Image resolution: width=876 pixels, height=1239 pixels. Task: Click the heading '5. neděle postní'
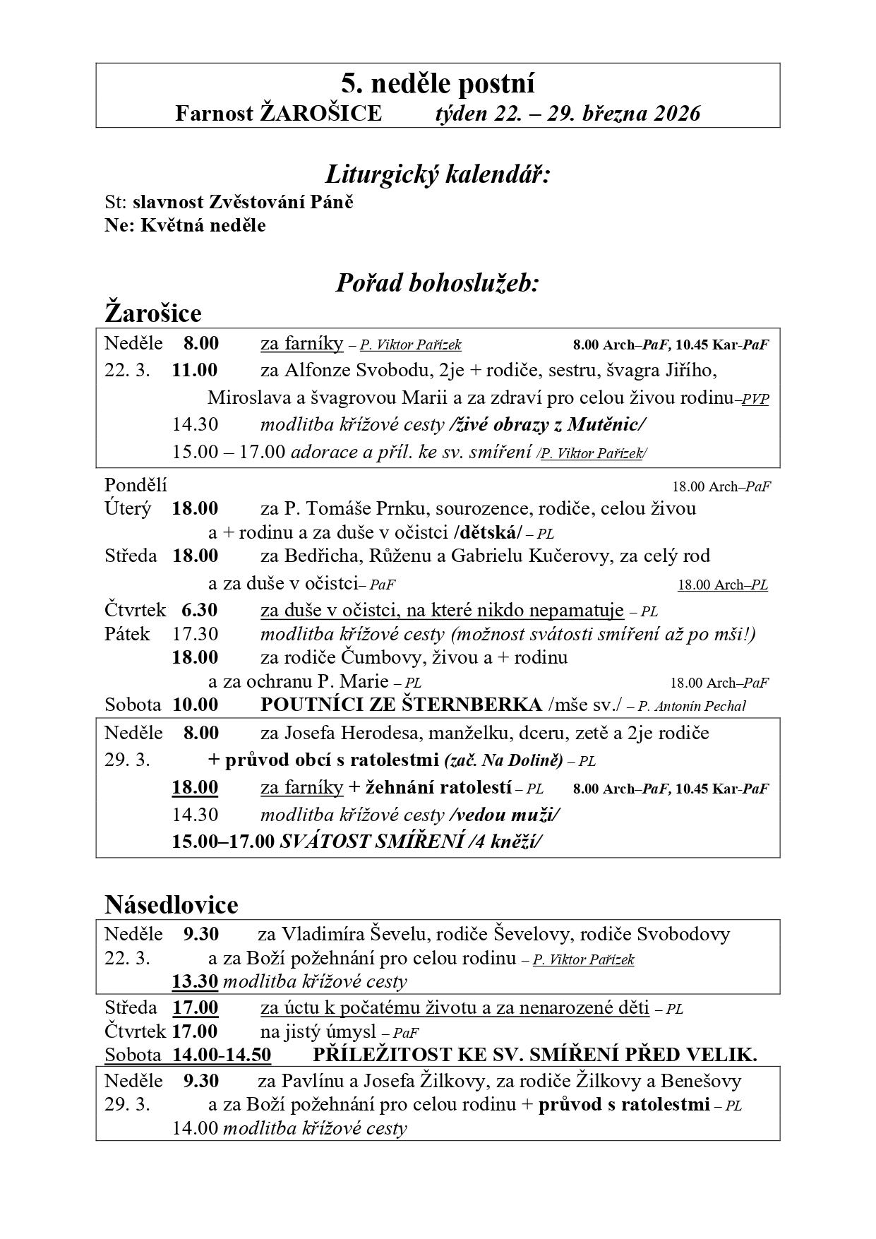pyautogui.click(x=438, y=84)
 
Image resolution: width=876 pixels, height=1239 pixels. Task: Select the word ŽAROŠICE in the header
pyautogui.click(x=320, y=113)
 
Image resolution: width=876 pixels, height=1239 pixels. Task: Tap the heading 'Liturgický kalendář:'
pyautogui.click(x=438, y=173)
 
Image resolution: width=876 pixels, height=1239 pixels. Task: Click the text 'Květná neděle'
pyautogui.click(x=203, y=225)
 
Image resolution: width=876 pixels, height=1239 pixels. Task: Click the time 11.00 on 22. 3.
pyautogui.click(x=195, y=370)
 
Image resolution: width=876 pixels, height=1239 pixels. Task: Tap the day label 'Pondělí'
pyautogui.click(x=136, y=485)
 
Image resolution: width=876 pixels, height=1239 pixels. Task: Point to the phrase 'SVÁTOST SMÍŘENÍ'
pyautogui.click(x=372, y=842)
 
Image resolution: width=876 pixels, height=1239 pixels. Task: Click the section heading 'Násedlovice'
pyautogui.click(x=172, y=904)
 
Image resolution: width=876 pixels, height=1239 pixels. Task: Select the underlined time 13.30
pyautogui.click(x=195, y=981)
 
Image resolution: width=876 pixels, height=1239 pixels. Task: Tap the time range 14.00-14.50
pyautogui.click(x=222, y=1055)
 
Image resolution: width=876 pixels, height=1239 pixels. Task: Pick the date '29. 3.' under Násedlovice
pyautogui.click(x=127, y=1104)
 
